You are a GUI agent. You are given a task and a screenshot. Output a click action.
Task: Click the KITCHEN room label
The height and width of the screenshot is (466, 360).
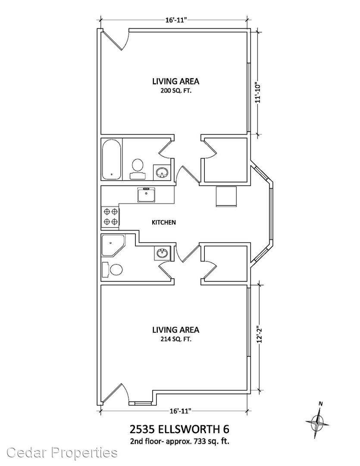point(164,222)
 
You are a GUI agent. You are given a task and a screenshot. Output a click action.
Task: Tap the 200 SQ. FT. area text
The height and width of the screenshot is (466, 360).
point(175,91)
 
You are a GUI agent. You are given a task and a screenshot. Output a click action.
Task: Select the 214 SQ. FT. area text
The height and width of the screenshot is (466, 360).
point(175,339)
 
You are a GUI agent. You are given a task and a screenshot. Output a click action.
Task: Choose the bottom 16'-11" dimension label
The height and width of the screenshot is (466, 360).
point(180,411)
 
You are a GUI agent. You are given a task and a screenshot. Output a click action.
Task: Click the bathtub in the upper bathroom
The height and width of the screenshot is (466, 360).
point(112,160)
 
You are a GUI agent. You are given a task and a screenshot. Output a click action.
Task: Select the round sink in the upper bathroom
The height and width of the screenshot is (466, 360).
point(162,172)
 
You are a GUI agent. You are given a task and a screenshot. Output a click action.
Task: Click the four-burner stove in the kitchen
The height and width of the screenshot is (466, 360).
point(110,217)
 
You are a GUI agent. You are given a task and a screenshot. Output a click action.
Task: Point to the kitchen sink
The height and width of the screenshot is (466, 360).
point(146,195)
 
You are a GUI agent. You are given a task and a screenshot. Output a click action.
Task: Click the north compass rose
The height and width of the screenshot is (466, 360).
point(317,420)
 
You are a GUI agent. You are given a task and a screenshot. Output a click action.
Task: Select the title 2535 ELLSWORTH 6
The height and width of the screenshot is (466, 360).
point(180,429)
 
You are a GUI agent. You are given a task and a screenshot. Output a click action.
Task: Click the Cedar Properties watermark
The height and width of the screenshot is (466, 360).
point(62,453)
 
